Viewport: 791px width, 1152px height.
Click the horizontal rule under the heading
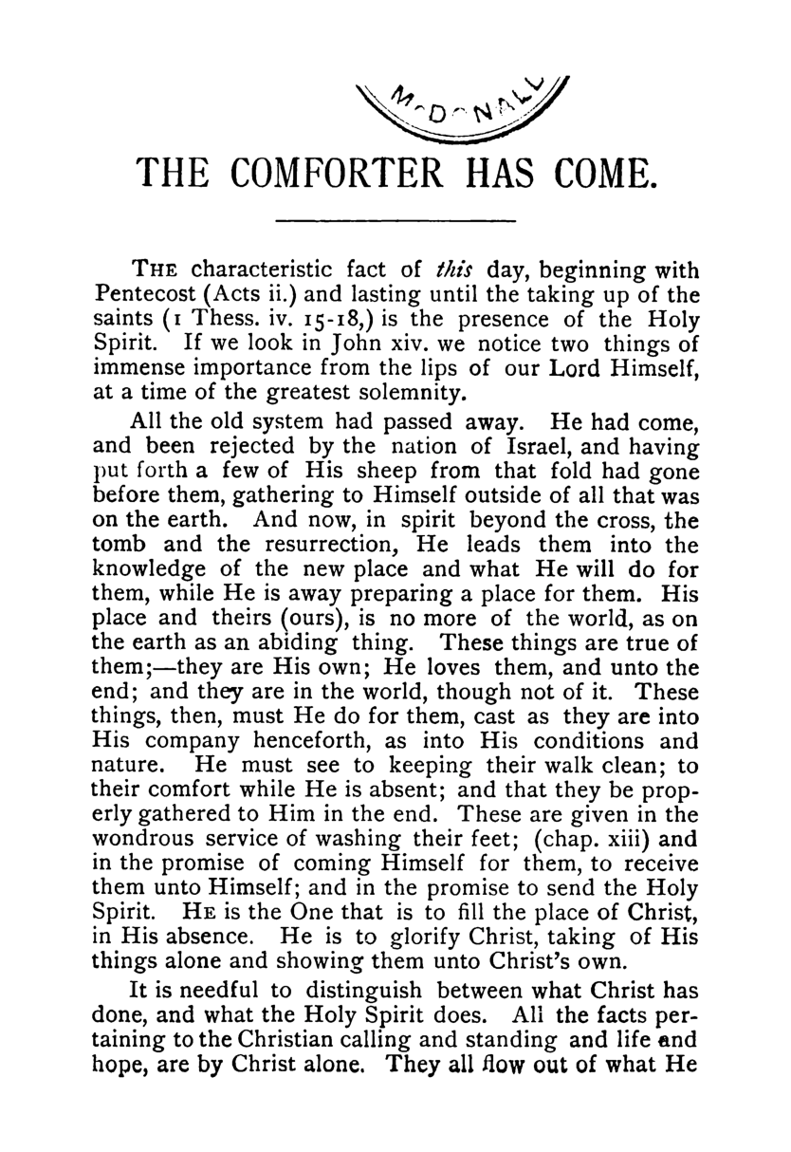coord(395,222)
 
